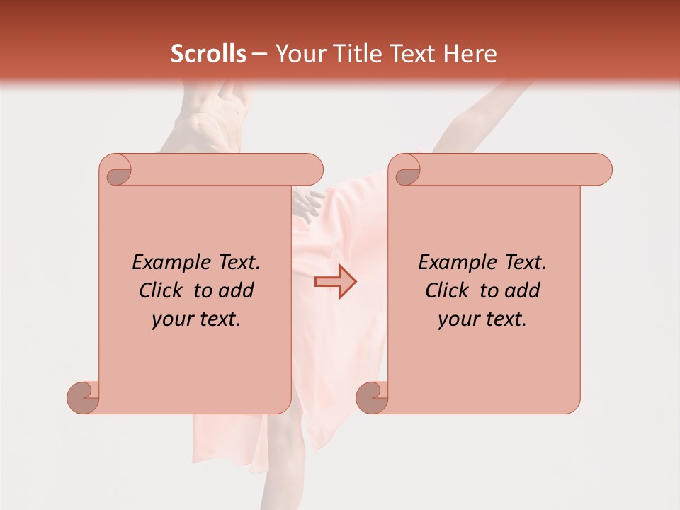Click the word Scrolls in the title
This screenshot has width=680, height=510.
tap(208, 54)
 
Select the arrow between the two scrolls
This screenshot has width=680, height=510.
tap(336, 281)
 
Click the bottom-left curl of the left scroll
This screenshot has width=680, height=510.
tap(82, 397)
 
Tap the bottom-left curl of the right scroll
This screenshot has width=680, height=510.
tap(371, 397)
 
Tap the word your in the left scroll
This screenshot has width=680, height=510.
tap(172, 319)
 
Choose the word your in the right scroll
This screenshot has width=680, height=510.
tap(458, 319)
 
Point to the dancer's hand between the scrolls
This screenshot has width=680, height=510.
tap(307, 205)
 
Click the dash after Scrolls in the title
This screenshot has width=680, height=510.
tap(259, 55)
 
